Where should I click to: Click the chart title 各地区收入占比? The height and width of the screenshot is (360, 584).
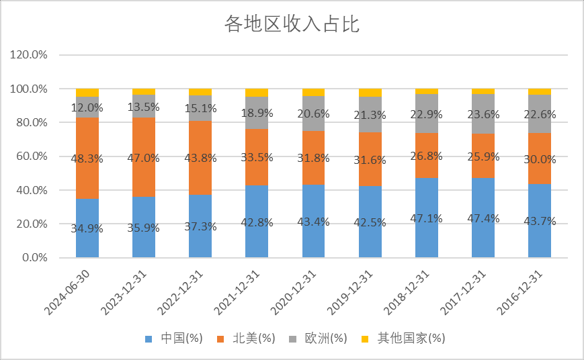tap(292, 25)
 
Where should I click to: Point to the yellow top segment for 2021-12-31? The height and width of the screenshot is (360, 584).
tap(257, 92)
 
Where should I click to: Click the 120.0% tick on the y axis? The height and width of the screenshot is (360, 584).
tap(29, 55)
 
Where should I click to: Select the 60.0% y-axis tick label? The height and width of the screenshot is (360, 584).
tap(29, 156)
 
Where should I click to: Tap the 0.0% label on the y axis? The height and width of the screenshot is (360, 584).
tap(32, 258)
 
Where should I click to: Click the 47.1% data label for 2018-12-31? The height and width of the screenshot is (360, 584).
tap(426, 218)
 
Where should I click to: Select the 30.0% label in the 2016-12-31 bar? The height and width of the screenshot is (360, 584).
tap(540, 159)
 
